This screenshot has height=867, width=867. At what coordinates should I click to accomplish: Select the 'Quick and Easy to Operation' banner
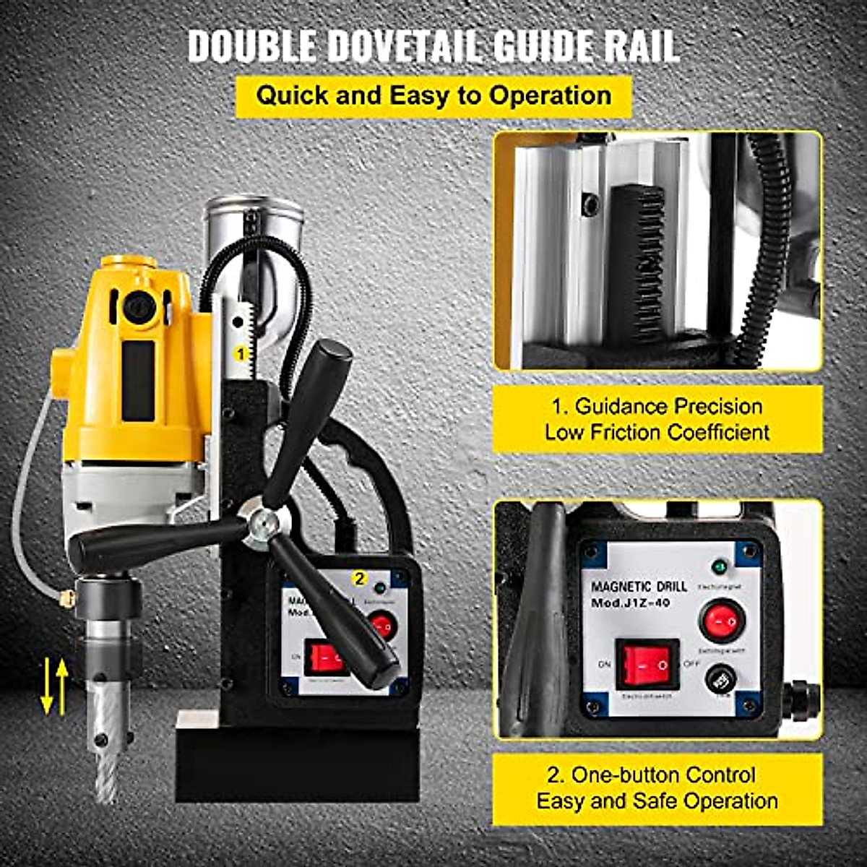tap(433, 95)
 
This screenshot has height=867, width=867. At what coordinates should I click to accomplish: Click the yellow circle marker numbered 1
tap(241, 353)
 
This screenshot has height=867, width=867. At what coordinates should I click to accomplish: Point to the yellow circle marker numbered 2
tap(358, 578)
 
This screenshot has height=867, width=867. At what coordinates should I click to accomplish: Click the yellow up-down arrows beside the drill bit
tap(55, 686)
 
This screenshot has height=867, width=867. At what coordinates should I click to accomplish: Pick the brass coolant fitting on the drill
tap(66, 598)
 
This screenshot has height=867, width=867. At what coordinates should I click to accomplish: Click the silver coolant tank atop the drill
tap(253, 231)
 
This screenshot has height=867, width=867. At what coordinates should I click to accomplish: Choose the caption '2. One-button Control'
tap(651, 775)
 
